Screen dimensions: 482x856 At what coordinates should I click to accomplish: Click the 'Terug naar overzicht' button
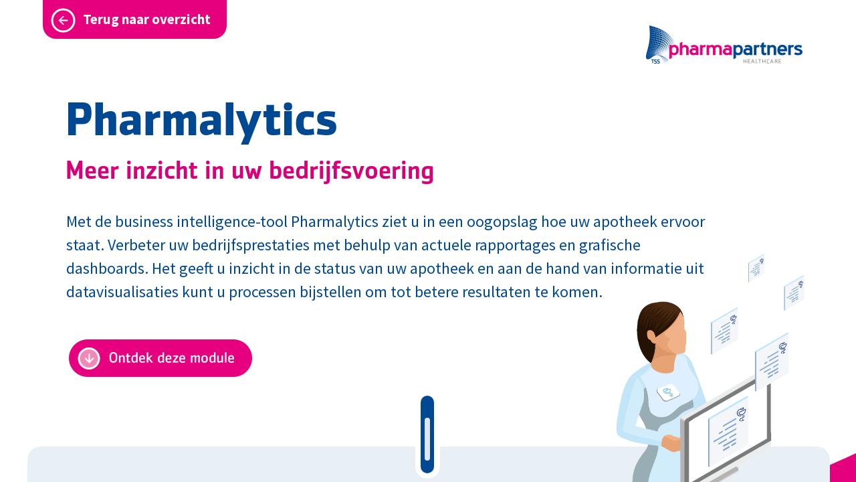(x=134, y=19)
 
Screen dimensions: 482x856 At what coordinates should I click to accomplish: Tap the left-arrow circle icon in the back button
(x=63, y=20)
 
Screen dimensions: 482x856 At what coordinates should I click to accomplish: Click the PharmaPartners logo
(x=724, y=46)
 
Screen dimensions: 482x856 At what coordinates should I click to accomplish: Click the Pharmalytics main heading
(x=201, y=120)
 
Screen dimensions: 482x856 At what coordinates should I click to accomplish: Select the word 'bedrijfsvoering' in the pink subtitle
(x=351, y=171)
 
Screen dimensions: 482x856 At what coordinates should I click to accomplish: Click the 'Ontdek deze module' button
(x=160, y=358)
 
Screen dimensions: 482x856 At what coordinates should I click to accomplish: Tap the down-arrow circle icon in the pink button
(x=89, y=358)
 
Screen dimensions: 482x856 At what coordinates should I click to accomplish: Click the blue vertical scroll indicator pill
(x=427, y=434)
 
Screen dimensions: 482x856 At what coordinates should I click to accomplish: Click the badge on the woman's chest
(x=668, y=393)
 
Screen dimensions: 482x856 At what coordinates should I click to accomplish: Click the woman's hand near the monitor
(x=670, y=443)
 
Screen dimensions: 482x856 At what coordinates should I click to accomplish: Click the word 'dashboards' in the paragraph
(x=106, y=268)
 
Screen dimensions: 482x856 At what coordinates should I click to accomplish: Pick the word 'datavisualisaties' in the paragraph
(x=122, y=292)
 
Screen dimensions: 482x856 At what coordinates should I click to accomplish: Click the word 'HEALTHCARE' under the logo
(x=762, y=62)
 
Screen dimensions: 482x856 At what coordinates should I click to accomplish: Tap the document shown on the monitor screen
(x=728, y=430)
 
